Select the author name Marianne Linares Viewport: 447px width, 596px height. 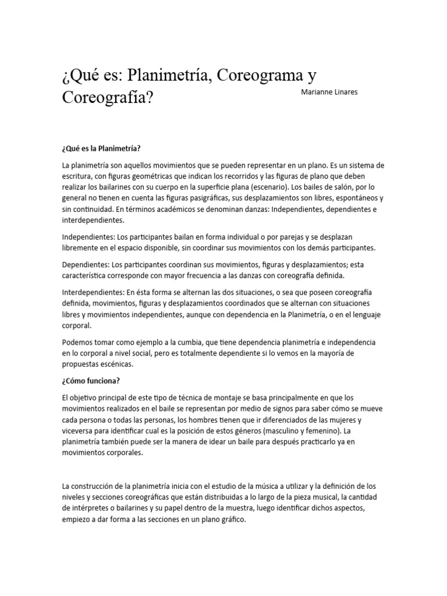point(329,92)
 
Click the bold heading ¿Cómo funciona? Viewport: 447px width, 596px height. point(90,380)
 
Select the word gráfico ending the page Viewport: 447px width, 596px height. point(233,520)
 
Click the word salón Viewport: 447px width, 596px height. point(344,187)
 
